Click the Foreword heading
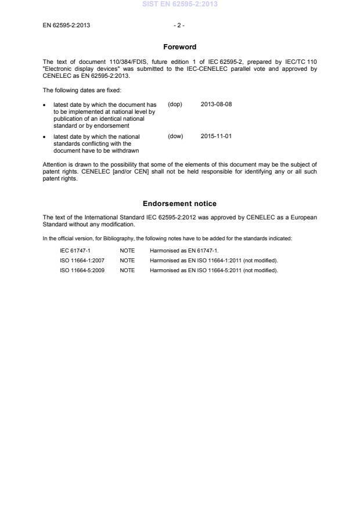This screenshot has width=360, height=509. (179, 47)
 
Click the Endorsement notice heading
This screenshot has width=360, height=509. (179, 204)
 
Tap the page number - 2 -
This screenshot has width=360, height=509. (179, 26)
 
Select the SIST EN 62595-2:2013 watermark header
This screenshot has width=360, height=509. (179, 5)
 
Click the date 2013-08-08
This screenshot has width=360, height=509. (216, 104)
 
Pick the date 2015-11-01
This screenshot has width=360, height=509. (216, 136)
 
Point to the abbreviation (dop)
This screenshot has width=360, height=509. (175, 104)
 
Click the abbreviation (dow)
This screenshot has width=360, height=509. (175, 136)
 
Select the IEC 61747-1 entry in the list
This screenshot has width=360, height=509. (75, 251)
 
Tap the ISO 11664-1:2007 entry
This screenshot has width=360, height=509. (82, 261)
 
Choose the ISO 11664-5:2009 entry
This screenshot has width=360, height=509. (82, 270)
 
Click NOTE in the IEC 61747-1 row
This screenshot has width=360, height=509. (127, 251)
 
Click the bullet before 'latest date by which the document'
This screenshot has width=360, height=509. (45, 104)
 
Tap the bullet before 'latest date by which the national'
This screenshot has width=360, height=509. (45, 136)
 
